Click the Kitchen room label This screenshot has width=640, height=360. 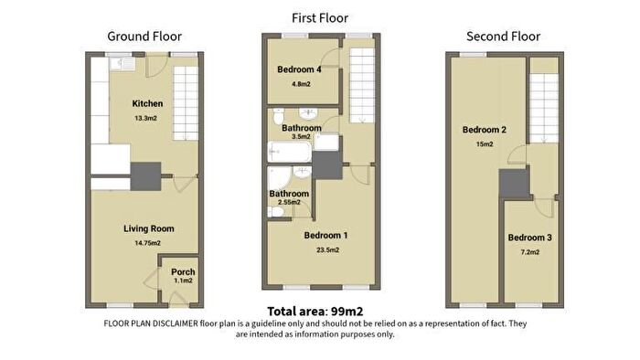click(x=147, y=103)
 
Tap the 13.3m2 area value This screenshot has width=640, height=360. click(x=145, y=118)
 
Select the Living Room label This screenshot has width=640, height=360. click(x=149, y=228)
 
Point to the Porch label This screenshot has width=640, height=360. click(x=183, y=271)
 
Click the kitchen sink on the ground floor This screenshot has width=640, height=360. click(x=123, y=64)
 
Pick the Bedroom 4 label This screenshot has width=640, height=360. click(x=299, y=69)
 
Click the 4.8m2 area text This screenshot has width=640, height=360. click(x=301, y=84)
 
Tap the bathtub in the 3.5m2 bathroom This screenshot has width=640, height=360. click(x=290, y=152)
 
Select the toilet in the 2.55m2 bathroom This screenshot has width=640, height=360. click(x=276, y=212)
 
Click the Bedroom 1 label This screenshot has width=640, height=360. click(x=325, y=235)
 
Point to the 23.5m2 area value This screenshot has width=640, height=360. click(x=327, y=250)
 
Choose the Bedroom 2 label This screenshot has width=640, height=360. click(x=485, y=130)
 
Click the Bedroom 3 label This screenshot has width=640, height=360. click(x=529, y=238)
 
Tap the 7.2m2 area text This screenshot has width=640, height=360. click(x=529, y=252)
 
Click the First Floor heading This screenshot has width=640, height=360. click(x=320, y=18)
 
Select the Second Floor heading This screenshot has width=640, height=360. click(x=503, y=37)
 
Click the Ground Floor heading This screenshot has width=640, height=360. click(x=144, y=37)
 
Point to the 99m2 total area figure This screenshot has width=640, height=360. click(x=347, y=312)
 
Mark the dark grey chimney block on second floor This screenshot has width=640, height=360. click(x=514, y=184)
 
